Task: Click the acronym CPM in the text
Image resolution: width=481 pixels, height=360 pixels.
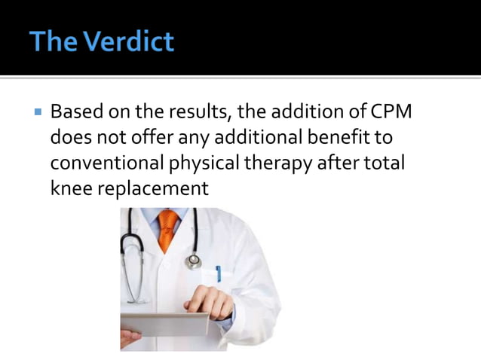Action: (392, 114)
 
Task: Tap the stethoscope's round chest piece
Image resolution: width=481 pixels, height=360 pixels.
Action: (194, 261)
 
